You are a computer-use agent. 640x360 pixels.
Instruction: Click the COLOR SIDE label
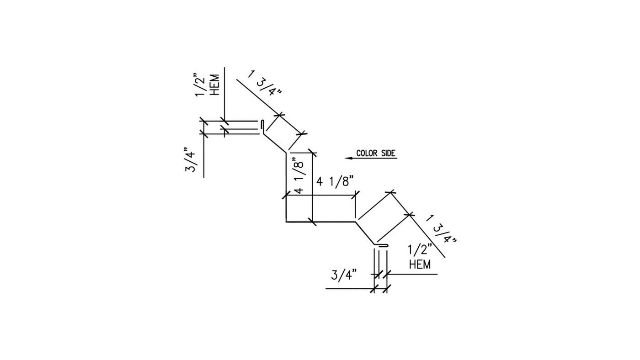pyautogui.click(x=376, y=154)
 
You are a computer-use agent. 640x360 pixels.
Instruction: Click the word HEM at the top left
pyautogui.click(x=214, y=85)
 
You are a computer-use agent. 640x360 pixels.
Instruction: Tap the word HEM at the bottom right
pyautogui.click(x=420, y=265)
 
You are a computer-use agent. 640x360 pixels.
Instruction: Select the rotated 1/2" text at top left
pyautogui.click(x=200, y=85)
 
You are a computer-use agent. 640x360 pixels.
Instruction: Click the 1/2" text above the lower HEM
pyautogui.click(x=420, y=250)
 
